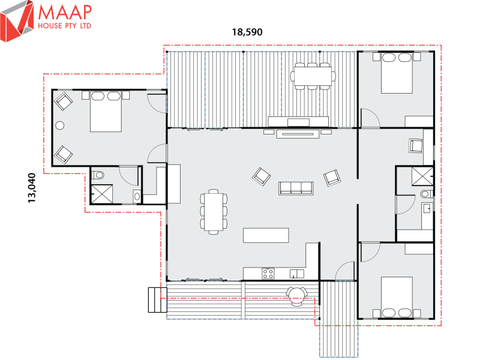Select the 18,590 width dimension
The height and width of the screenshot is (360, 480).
pos(248,32)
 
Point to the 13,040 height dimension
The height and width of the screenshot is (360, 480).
pos(32,188)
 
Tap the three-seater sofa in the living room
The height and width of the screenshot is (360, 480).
pos(296,188)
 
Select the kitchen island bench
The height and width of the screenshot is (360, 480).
pos(266,235)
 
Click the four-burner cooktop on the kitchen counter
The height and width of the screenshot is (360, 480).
pos(268,274)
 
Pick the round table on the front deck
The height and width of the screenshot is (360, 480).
pos(296,294)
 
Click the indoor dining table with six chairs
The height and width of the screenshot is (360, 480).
pos(214,211)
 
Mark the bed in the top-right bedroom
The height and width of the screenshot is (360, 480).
pos(397,73)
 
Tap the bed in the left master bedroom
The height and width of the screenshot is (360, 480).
pos(106,112)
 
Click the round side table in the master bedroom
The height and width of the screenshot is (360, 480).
pos(60,125)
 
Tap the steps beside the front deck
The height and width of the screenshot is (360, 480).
pos(156,299)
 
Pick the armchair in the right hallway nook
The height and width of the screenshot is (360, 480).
pos(416,145)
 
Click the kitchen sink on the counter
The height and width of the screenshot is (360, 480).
pos(296,274)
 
